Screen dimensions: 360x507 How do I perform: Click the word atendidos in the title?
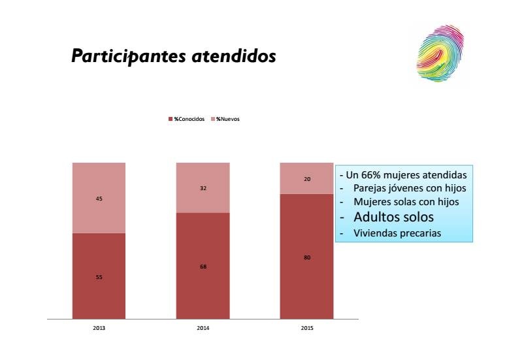tap(233, 57)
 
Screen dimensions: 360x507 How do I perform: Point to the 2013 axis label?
tap(99, 328)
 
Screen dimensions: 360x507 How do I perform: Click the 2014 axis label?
tap(203, 328)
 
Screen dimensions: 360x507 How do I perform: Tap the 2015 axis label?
tap(306, 328)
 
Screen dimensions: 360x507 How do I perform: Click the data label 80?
tap(307, 257)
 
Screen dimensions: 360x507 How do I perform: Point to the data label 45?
tap(99, 199)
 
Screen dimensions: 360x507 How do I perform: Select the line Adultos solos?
tap(393, 217)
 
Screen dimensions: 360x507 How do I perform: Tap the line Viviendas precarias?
tap(397, 233)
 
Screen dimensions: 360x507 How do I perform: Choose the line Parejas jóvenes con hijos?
tap(410, 188)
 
